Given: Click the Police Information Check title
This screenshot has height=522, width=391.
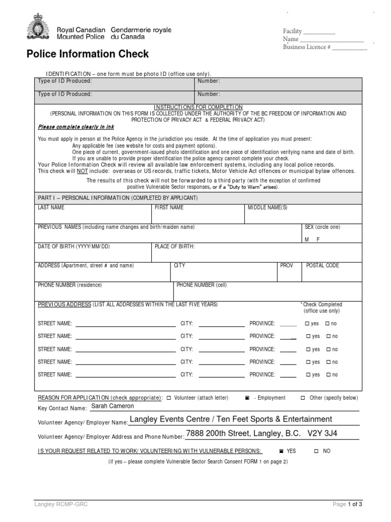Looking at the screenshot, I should [88, 54].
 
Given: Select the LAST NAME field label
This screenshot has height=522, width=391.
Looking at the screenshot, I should [51, 208].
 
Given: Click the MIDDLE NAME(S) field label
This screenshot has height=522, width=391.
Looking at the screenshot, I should [267, 208].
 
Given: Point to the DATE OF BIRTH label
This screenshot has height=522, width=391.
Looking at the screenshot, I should [74, 247].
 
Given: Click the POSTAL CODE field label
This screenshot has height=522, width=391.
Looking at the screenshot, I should [322, 266].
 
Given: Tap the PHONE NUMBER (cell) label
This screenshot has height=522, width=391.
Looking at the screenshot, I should [202, 285].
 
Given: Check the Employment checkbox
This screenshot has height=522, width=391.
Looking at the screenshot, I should [246, 398].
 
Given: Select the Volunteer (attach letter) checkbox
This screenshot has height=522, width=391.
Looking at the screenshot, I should [170, 398].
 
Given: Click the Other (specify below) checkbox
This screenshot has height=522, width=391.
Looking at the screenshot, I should [302, 398].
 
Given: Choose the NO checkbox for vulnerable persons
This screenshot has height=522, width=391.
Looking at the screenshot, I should [316, 451].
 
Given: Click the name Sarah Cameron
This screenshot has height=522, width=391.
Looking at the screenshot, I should [112, 406].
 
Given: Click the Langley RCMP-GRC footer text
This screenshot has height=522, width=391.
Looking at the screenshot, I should [57, 504].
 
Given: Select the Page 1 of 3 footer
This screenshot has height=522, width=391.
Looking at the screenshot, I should [348, 504].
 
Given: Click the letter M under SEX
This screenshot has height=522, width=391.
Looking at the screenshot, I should [306, 239].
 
